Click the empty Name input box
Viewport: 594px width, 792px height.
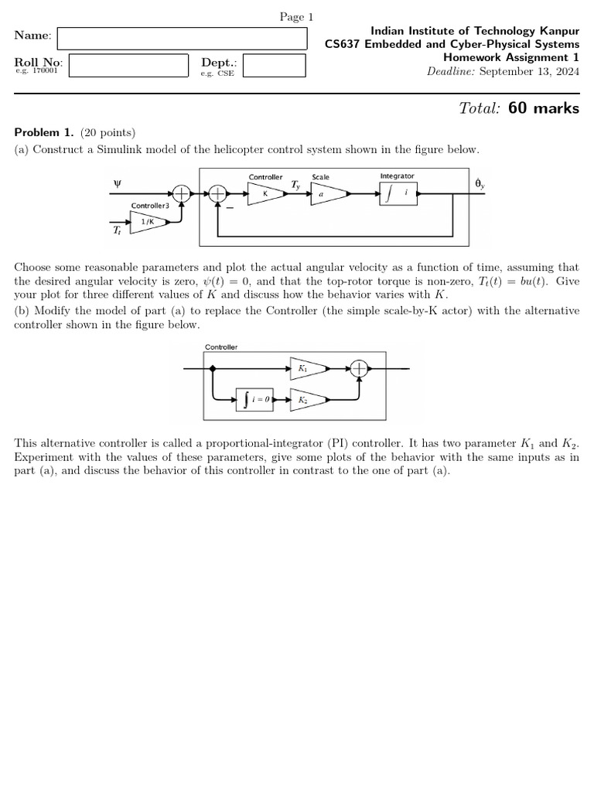point(181,37)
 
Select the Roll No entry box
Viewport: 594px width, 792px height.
point(128,65)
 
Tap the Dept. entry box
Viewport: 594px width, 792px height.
point(274,65)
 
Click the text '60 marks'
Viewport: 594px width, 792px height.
point(544,108)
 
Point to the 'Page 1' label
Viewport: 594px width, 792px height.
point(296,17)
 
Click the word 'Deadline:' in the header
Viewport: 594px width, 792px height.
point(451,71)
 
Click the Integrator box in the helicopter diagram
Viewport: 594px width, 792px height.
point(398,193)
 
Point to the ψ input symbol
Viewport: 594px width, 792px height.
point(118,184)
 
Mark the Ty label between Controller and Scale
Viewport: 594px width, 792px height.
point(295,186)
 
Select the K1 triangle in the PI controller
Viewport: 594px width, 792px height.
point(305,369)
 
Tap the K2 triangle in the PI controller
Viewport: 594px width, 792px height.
point(305,400)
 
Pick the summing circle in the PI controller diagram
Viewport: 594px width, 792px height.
point(359,369)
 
